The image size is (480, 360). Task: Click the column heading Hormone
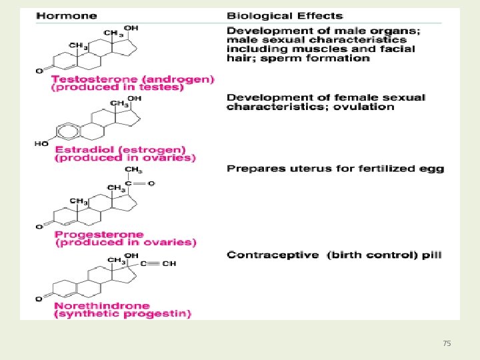(x=66, y=16)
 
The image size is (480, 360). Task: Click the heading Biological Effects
(x=285, y=16)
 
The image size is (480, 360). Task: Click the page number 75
(x=447, y=343)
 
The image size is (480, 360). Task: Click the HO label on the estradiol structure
(x=42, y=143)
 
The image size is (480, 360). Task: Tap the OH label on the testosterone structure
(x=131, y=28)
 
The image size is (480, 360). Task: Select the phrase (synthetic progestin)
(x=123, y=313)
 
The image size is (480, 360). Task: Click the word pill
(x=429, y=255)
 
